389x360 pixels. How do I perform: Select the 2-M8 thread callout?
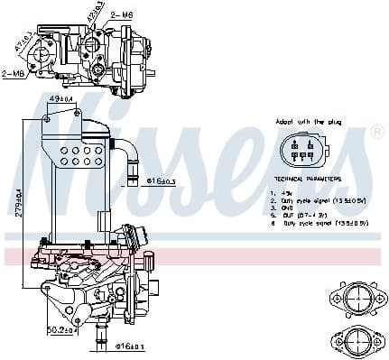pyautogui.click(x=14, y=74)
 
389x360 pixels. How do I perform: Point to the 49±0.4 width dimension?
pyautogui.click(x=60, y=97)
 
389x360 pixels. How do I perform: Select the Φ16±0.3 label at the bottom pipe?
pyautogui.click(x=131, y=346)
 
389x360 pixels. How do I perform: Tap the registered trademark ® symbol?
pyautogui.click(x=377, y=132)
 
